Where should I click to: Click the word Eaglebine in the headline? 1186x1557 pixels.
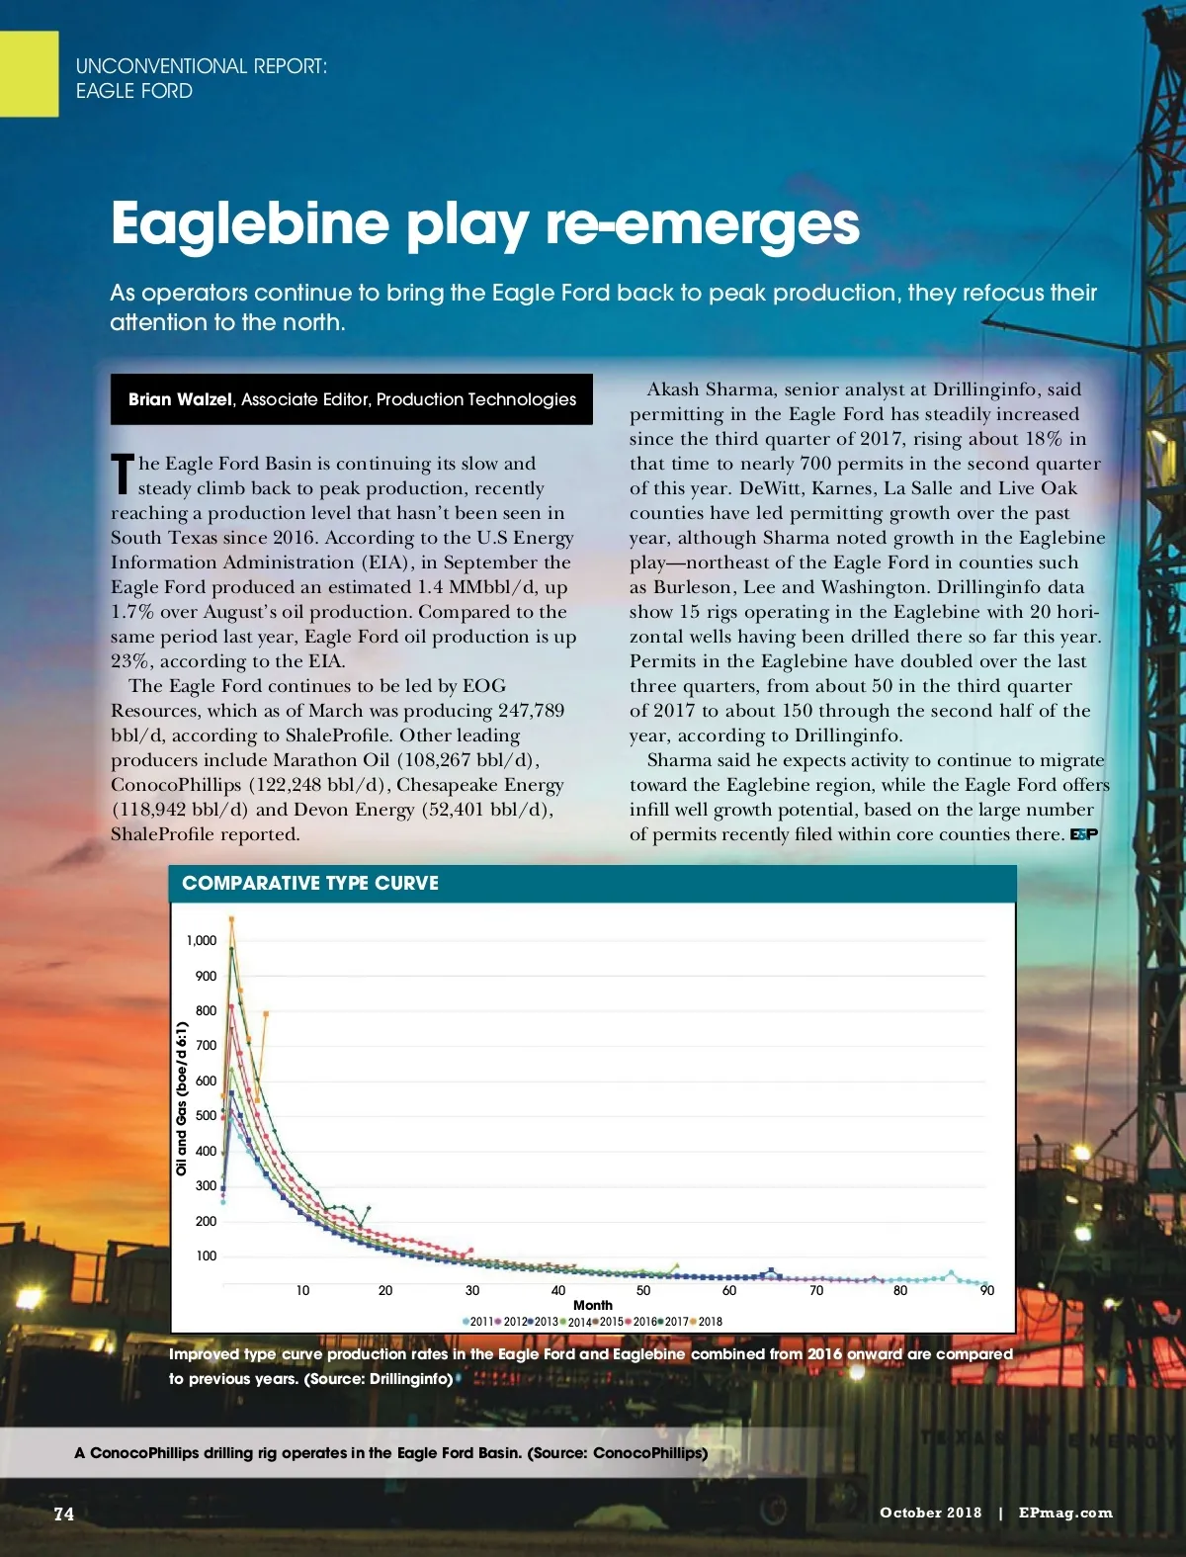[250, 224]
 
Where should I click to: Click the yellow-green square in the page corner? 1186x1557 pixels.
[29, 73]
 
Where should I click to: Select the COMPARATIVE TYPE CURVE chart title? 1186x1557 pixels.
[310, 883]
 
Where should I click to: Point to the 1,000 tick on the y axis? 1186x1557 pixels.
[202, 940]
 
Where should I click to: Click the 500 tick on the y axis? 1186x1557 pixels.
[206, 1115]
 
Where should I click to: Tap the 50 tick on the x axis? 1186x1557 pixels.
[643, 1290]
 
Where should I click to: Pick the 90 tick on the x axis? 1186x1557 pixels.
[986, 1290]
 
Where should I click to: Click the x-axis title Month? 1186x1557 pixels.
[593, 1305]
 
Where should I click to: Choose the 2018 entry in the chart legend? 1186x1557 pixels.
[708, 1322]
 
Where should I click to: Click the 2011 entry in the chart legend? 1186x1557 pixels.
[479, 1322]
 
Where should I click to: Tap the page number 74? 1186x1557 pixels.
[64, 1514]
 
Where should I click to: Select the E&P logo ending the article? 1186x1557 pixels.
[1084, 834]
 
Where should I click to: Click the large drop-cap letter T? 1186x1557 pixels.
[122, 475]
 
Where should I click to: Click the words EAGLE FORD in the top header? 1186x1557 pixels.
[134, 91]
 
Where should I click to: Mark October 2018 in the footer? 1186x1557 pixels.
[930, 1513]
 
